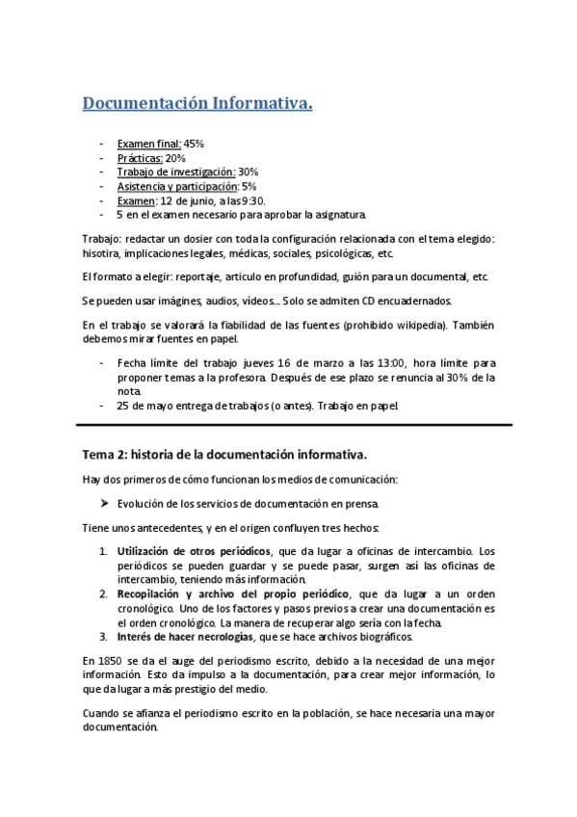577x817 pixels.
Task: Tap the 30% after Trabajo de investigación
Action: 248,171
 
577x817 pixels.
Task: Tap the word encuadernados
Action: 404,301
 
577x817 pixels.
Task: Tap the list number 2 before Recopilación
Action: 104,593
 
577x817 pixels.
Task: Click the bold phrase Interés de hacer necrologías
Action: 186,637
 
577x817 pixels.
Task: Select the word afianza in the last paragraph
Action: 165,714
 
